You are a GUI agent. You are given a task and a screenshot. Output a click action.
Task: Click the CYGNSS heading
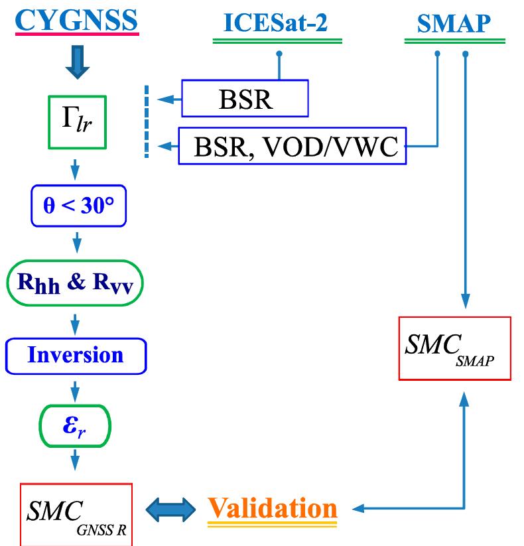(76, 20)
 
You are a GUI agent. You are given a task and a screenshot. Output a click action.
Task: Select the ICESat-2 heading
(277, 24)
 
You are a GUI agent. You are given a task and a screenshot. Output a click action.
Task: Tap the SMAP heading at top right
(454, 24)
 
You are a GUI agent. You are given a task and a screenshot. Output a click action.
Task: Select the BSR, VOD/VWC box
(292, 146)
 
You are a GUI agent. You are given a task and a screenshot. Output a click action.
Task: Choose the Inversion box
(75, 355)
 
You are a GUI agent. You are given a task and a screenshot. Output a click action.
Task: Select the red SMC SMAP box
(454, 348)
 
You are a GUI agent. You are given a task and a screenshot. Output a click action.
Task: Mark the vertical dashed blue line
(146, 121)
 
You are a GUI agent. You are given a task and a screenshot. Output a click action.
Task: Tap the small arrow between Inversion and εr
(75, 390)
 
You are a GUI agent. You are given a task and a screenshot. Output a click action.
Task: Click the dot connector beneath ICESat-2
(279, 52)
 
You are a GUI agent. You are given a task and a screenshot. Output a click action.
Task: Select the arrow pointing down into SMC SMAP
(466, 302)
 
